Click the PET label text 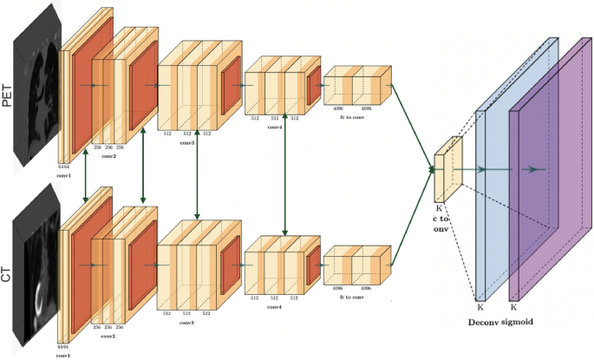pos(10,94)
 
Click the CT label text pos(10,270)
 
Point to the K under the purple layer pos(513,307)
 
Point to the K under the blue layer pos(480,307)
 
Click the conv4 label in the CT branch pos(275,306)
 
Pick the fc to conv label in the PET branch pos(354,117)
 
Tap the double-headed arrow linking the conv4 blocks pos(285,177)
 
